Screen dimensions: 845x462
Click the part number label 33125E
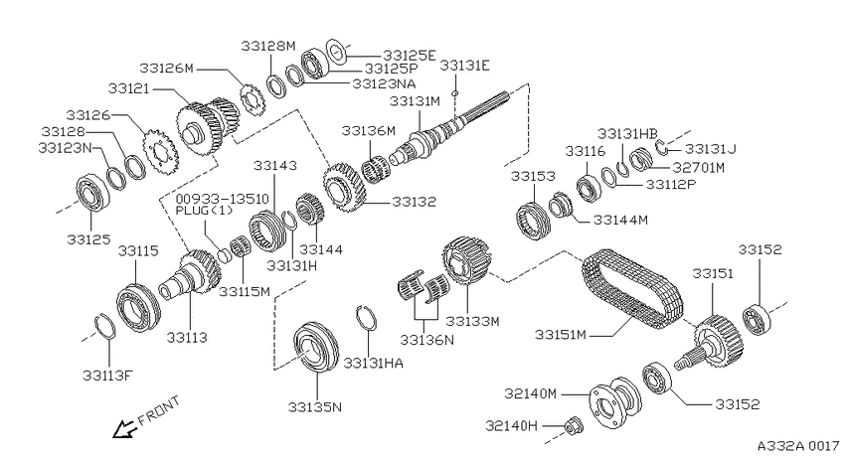coord(410,55)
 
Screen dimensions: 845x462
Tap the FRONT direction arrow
coord(122,428)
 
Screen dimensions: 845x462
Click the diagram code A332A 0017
coord(798,446)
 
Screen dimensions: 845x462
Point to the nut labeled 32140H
coord(572,426)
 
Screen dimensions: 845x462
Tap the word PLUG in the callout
coord(193,210)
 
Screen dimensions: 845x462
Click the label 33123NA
coord(384,83)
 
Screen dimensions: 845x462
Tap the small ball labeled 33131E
coord(455,92)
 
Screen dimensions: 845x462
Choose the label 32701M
coord(699,168)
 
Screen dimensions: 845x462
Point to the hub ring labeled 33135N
coord(316,346)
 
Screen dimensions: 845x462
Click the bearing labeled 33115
coord(138,306)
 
